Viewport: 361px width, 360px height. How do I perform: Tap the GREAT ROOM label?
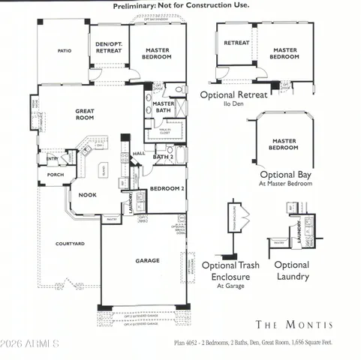point(84,114)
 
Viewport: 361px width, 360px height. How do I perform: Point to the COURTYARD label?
point(70,244)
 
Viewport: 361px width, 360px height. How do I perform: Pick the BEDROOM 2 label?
point(167,189)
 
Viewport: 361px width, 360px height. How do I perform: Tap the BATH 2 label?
point(163,157)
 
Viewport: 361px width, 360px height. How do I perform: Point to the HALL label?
point(139,154)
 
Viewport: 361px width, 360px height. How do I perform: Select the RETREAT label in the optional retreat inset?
point(236,43)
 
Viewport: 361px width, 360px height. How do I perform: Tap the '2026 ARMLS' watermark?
point(30,343)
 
